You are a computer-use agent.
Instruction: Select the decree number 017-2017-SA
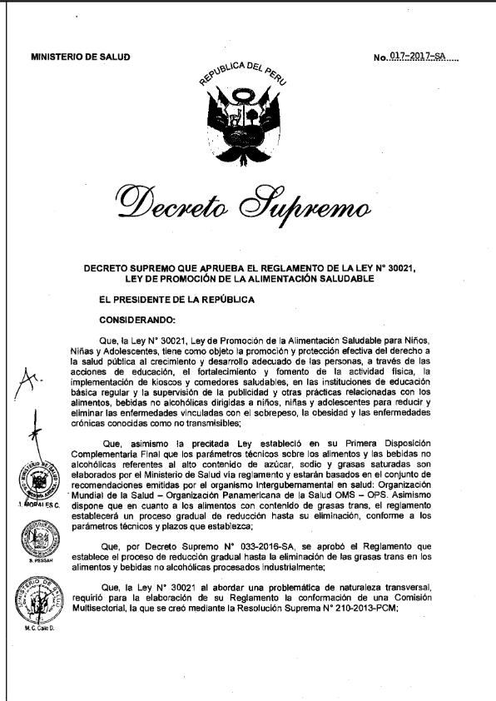(x=422, y=57)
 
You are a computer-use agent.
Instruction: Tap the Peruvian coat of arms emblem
(x=246, y=117)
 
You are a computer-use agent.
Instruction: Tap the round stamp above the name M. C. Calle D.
(x=33, y=603)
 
